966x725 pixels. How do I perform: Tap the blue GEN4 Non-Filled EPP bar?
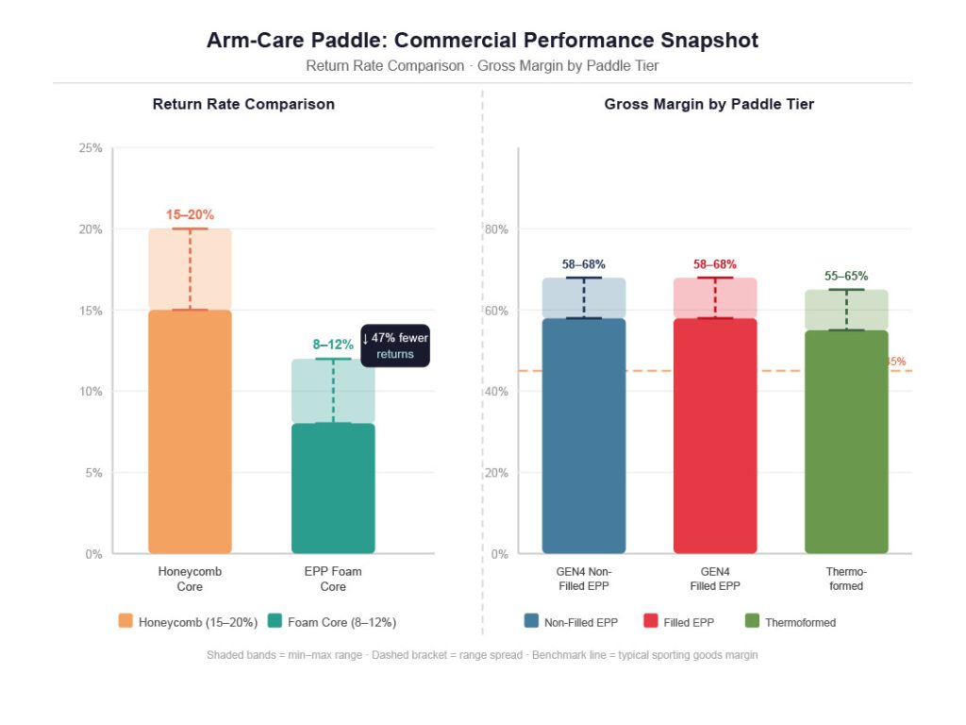[x=583, y=435]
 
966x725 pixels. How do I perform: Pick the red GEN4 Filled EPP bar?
[x=715, y=435]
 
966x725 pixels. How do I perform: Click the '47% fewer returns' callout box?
[x=395, y=346]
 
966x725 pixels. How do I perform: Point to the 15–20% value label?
[x=190, y=214]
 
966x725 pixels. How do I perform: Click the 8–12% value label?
[x=333, y=345]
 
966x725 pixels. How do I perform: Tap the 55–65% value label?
[x=846, y=276]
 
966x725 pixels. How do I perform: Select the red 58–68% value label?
[x=715, y=264]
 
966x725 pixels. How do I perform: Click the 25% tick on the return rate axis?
[x=91, y=148]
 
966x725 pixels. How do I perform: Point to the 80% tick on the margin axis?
[x=496, y=229]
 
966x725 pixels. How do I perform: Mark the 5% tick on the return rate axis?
[x=93, y=473]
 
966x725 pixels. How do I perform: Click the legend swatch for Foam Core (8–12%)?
[x=275, y=621]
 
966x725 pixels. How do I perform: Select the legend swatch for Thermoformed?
[x=752, y=621]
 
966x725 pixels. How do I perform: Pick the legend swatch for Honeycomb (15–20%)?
[x=125, y=621]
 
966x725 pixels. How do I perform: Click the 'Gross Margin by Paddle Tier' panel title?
[x=708, y=104]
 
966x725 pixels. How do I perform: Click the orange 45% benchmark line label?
[x=896, y=362]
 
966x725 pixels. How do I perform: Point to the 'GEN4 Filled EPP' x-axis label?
[x=715, y=579]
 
